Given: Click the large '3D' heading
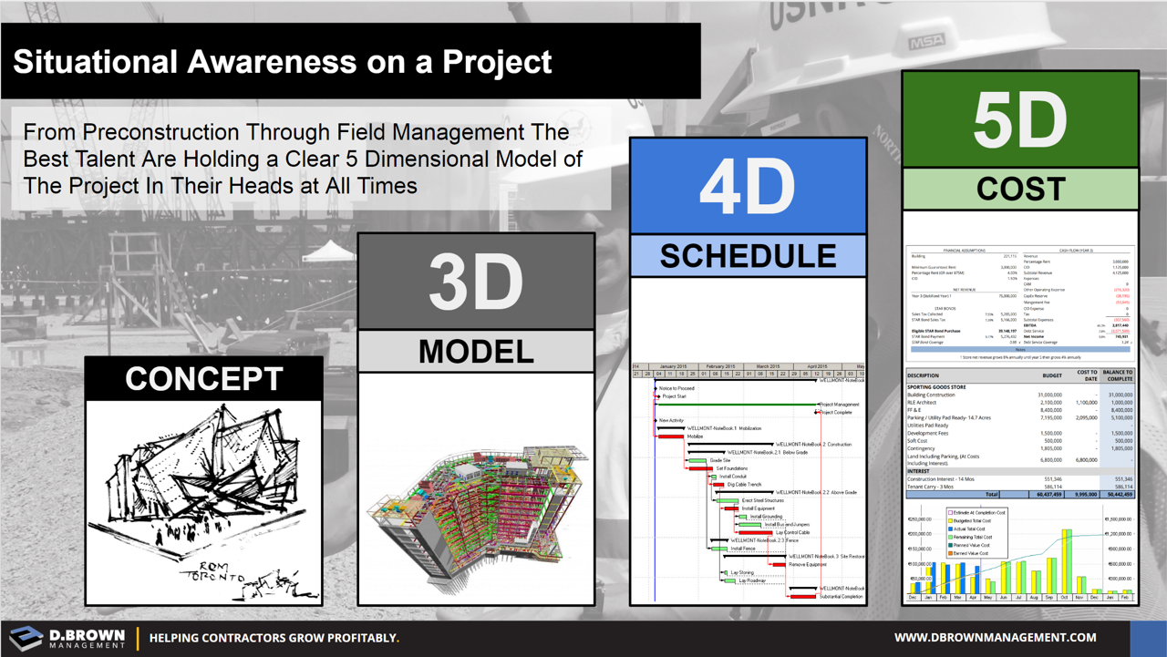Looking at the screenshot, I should (x=475, y=282).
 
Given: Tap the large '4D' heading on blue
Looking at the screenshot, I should (x=747, y=187).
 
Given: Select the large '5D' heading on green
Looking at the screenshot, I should (x=1019, y=120).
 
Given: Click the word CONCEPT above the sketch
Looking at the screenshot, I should (x=204, y=378).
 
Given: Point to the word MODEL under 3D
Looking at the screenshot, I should (x=475, y=351).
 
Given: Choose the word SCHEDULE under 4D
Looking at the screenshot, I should (x=747, y=256).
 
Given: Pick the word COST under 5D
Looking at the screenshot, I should (x=1019, y=189).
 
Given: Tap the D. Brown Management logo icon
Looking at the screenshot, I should (x=25, y=637).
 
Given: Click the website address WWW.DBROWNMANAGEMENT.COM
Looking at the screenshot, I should (x=995, y=638).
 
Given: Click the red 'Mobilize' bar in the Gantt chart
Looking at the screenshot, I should (x=670, y=436).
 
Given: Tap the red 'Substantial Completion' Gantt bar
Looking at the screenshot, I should (x=802, y=597).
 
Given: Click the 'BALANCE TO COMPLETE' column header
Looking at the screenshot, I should (x=1117, y=375).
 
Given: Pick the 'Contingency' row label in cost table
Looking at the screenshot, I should (x=924, y=448).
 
